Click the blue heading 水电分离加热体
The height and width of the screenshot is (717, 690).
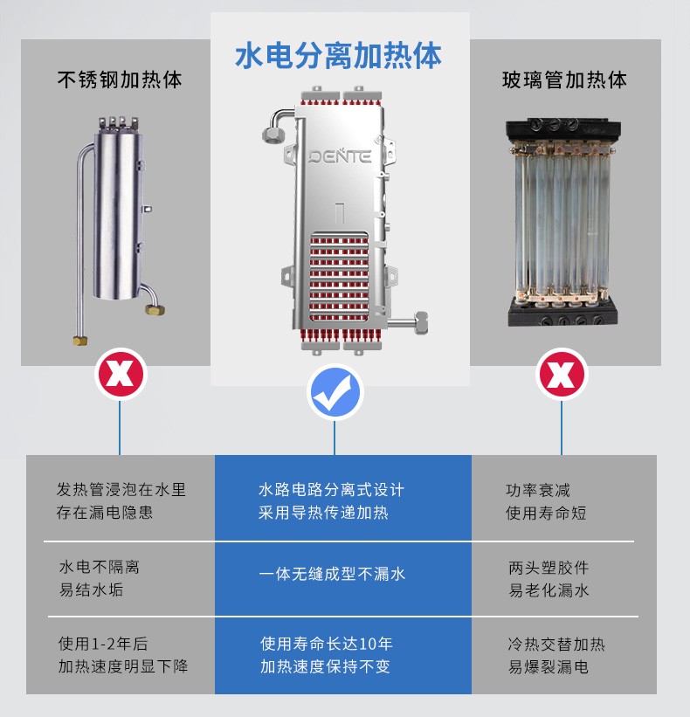point(338,56)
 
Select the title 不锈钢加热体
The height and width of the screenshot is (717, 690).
point(120,79)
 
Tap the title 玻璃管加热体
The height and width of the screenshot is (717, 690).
point(564,79)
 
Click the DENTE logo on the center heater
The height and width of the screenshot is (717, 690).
point(340,156)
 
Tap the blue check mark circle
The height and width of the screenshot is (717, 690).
point(335,392)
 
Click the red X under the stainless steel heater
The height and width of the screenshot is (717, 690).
point(121,374)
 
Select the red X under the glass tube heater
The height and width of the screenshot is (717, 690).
point(562,374)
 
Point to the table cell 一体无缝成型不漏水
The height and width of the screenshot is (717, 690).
point(332,574)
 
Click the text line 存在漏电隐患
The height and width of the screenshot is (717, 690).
point(105,512)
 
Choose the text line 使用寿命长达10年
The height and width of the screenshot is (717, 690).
point(327,644)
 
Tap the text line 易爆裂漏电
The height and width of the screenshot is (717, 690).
point(549,666)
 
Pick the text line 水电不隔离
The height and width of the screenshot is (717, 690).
point(100,567)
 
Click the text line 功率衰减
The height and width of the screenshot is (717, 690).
point(538,490)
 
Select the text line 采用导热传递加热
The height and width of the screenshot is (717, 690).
point(323,512)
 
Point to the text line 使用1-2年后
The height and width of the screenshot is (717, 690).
point(103,644)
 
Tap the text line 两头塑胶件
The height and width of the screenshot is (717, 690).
point(549,568)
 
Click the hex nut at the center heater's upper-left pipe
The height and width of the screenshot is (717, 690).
point(273,135)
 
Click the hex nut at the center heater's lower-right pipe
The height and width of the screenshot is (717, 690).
point(420,322)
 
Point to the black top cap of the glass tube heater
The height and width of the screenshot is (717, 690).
point(563,130)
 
